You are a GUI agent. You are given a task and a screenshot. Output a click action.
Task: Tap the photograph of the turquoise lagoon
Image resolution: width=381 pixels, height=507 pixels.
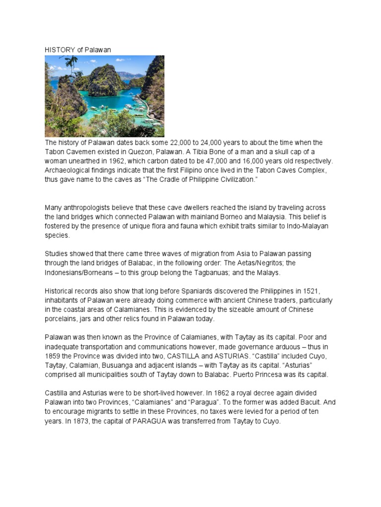pyautogui.click(x=104, y=96)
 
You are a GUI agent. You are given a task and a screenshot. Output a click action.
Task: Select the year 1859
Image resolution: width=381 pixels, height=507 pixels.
pyautogui.click(x=53, y=356)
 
